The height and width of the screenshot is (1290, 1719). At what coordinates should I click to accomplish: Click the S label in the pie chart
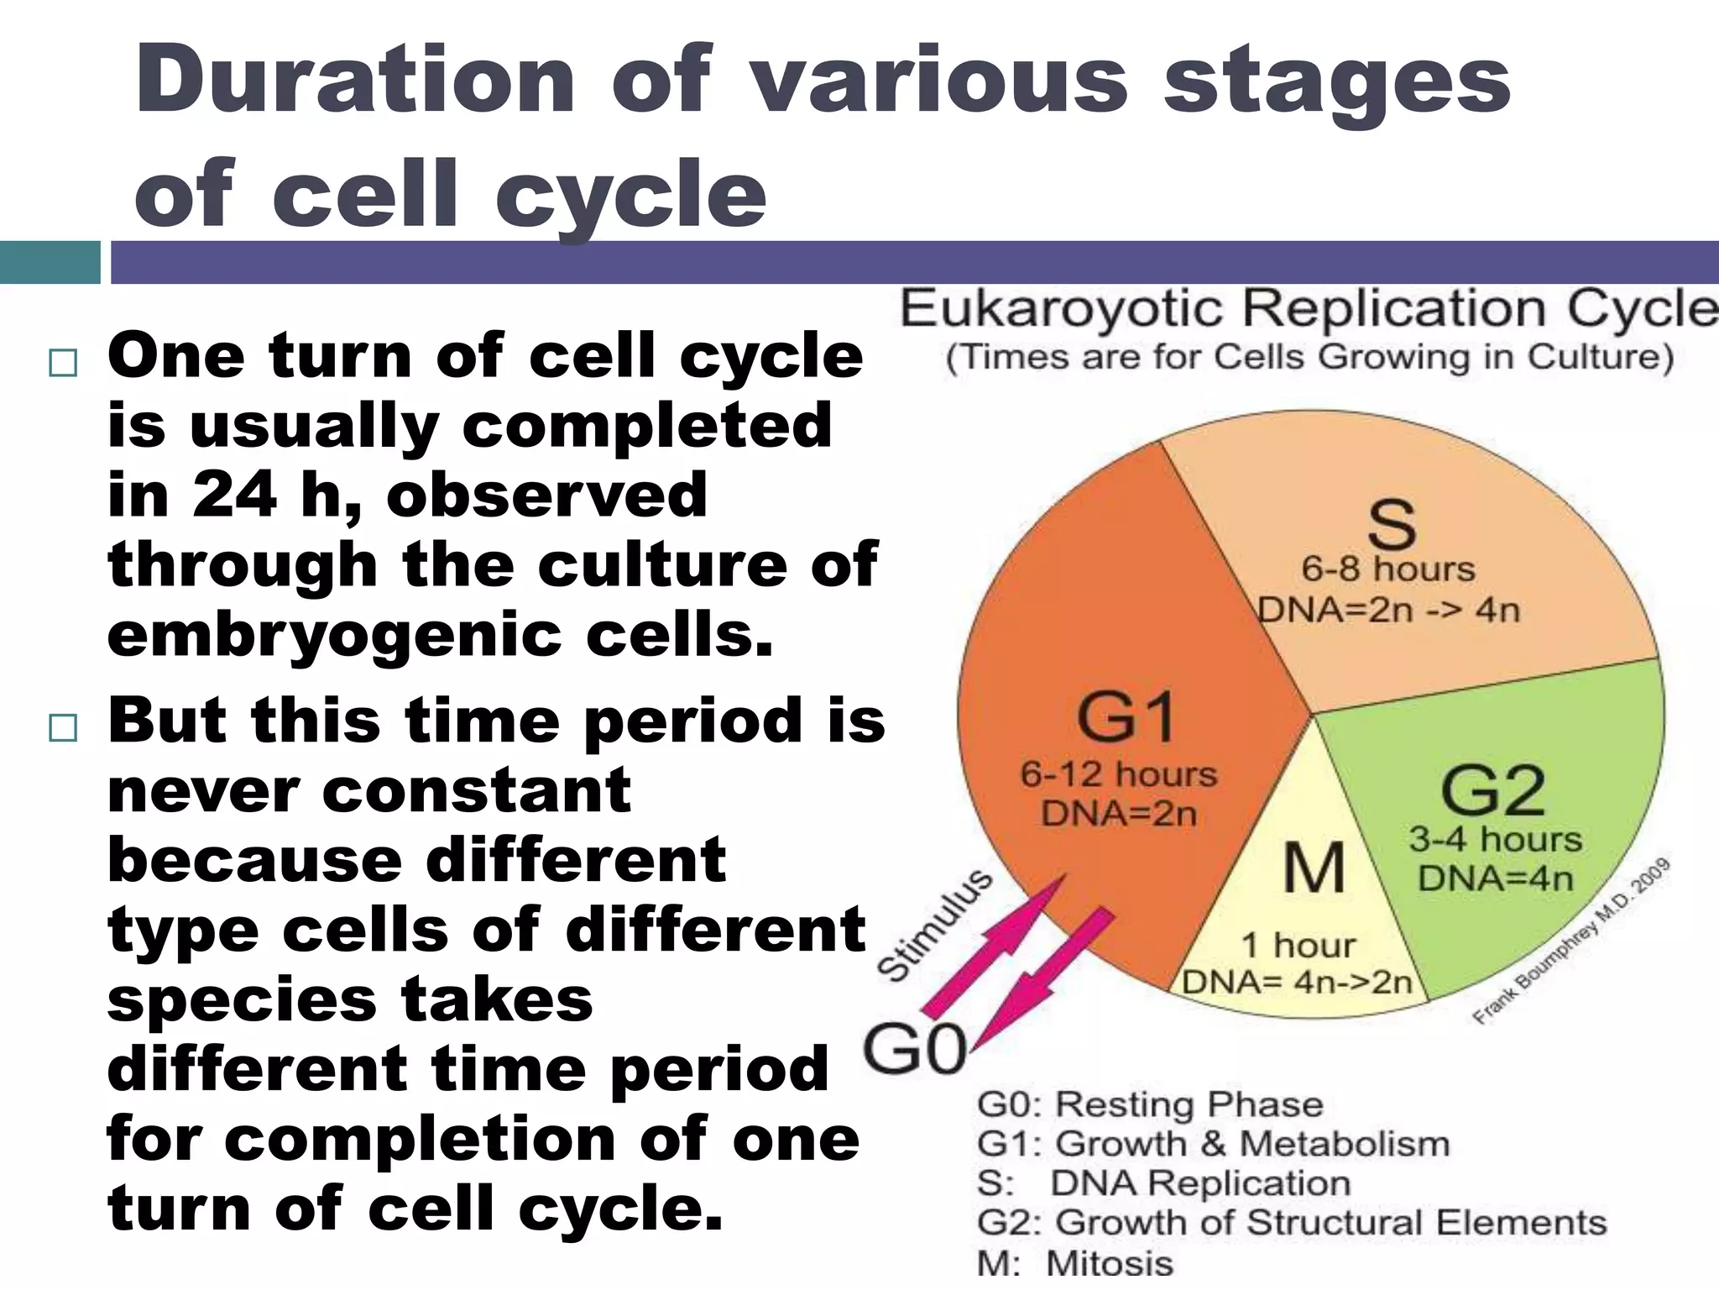[x=1391, y=525]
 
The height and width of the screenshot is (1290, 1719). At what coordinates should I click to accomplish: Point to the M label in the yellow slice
[x=1314, y=868]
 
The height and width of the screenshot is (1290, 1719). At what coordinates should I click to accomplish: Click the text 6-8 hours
[x=1387, y=569]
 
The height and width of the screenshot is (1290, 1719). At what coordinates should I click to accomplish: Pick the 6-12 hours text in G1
[x=1118, y=774]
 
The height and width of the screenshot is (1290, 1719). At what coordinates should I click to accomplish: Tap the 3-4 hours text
[x=1495, y=839]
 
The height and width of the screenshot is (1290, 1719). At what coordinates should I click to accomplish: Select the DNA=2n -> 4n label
[x=1388, y=610]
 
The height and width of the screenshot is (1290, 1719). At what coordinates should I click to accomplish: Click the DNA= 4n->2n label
[x=1297, y=982]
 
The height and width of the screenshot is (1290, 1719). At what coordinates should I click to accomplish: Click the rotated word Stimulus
[x=934, y=925]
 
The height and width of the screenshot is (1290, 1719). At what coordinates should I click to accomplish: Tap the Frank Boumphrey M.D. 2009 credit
[x=1571, y=941]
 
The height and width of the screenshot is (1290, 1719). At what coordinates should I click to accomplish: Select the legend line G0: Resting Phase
[x=1149, y=1104]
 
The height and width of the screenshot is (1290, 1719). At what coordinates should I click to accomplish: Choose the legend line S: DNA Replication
[x=1163, y=1183]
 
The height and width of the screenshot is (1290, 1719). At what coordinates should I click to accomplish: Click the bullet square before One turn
[x=63, y=363]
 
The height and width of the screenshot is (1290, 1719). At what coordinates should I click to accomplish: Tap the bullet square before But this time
[x=63, y=727]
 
